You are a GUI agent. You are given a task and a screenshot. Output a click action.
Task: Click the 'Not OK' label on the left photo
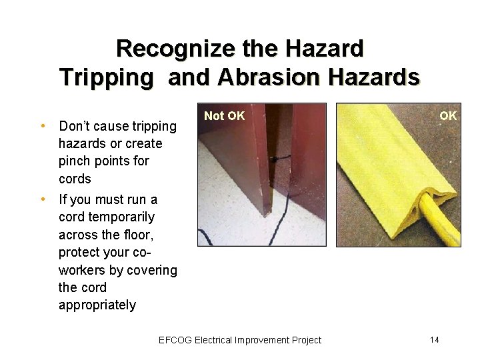click(x=224, y=116)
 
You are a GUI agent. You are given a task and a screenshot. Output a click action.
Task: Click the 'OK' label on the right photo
click(x=448, y=116)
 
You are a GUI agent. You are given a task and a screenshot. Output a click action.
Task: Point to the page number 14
click(x=434, y=340)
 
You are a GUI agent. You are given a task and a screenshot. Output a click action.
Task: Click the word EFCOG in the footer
click(x=175, y=340)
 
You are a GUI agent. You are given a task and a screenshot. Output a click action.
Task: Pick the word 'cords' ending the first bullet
click(x=75, y=179)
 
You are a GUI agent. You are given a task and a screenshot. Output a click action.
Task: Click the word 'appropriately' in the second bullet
click(x=97, y=305)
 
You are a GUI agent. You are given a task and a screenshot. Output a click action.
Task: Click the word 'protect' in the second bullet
click(x=81, y=252)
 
